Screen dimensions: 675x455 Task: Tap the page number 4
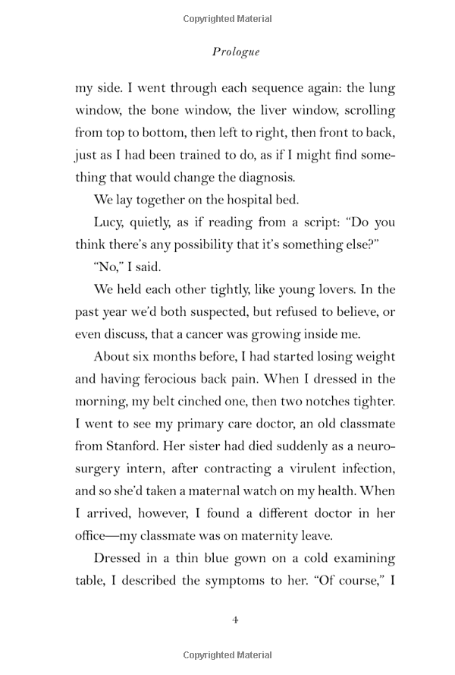[235, 620]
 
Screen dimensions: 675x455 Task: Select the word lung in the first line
[382, 88]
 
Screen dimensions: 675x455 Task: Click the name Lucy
[108, 223]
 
